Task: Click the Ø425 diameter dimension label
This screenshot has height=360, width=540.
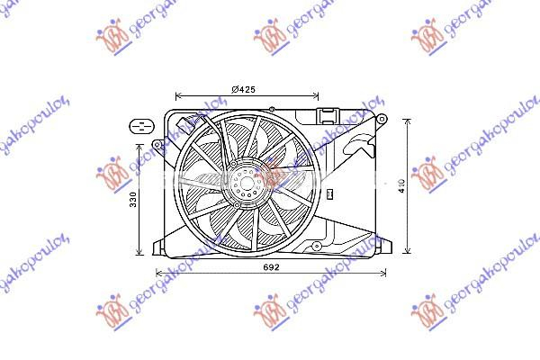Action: (x=245, y=88)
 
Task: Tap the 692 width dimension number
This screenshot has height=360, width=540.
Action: (x=271, y=267)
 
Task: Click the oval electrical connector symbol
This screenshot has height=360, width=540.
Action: (x=140, y=125)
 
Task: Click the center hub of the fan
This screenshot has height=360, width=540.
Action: (x=244, y=184)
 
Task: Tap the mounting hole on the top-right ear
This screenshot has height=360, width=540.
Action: (x=382, y=120)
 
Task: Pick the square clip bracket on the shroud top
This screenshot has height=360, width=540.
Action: (x=326, y=114)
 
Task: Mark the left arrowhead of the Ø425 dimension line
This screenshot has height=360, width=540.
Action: (x=177, y=95)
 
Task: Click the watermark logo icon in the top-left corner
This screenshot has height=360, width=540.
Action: (x=112, y=38)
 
